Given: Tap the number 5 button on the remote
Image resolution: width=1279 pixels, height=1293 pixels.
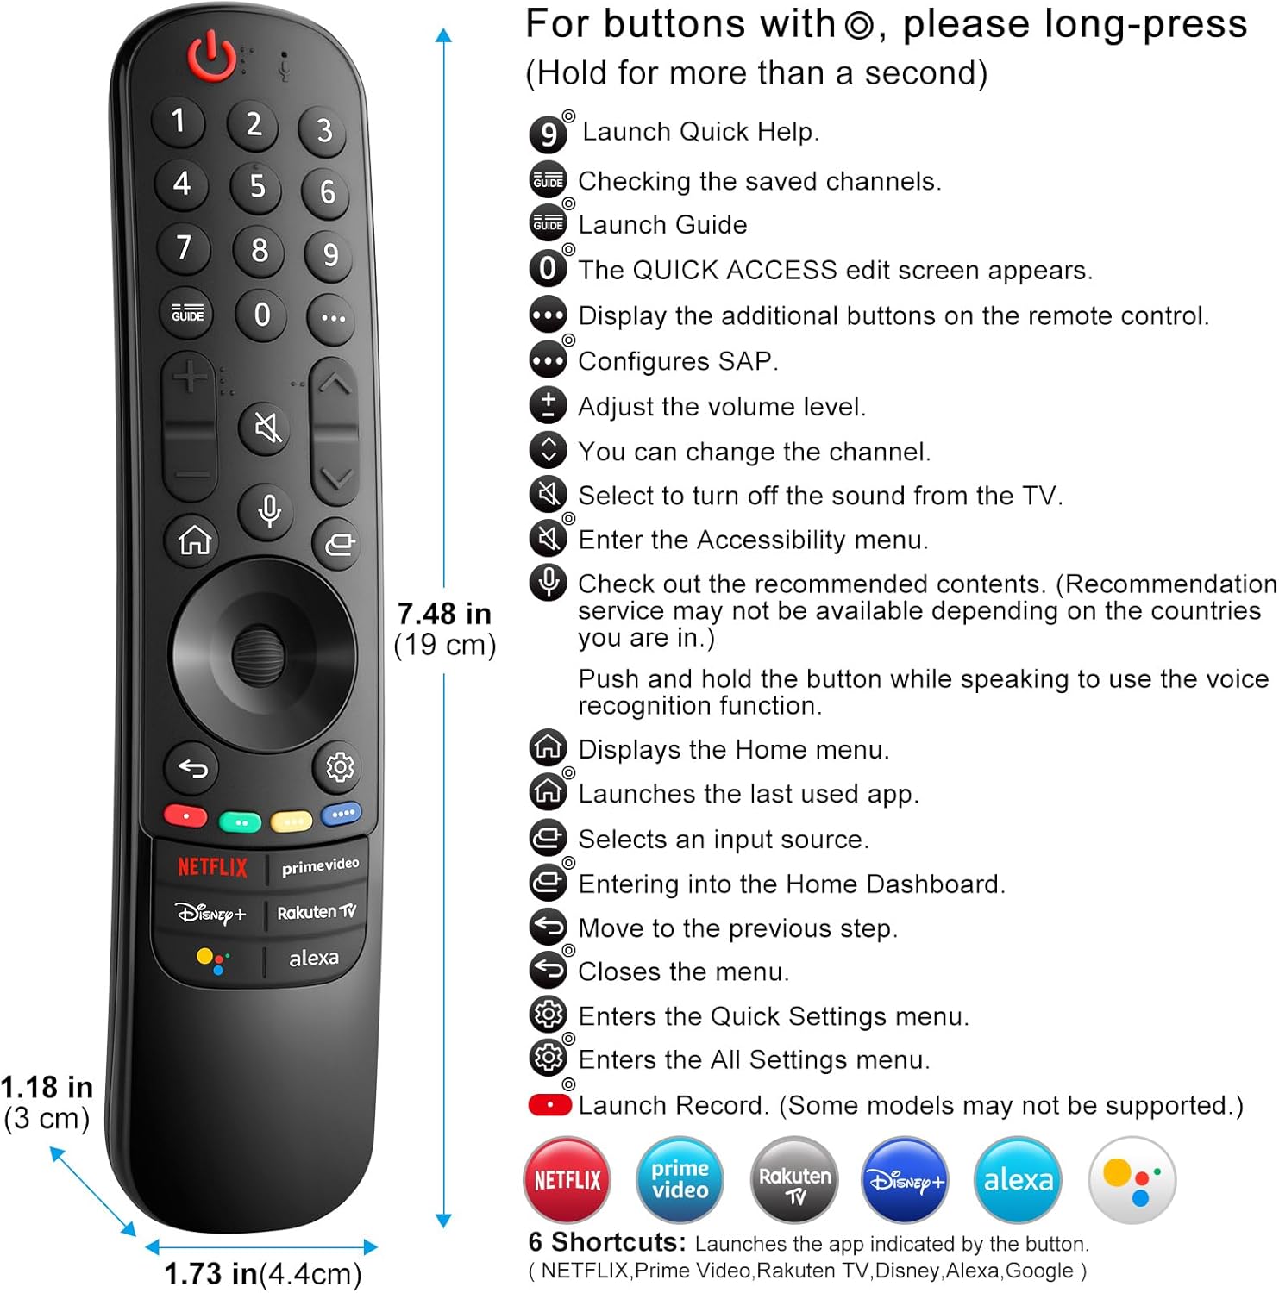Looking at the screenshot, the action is (257, 185).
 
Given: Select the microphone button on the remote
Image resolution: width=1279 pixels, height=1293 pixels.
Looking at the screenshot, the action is (269, 510).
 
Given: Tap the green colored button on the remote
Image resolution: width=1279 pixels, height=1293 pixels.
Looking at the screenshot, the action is (241, 822).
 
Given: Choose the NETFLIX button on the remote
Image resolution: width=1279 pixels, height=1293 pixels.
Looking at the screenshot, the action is (211, 866).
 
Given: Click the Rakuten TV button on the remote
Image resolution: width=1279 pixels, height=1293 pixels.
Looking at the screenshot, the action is (317, 912).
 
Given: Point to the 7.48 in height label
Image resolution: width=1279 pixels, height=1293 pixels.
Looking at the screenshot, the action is (444, 614).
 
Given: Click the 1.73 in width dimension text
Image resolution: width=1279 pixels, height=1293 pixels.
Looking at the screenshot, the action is (211, 1273).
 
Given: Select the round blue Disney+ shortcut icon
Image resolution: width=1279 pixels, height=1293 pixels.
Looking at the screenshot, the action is (905, 1179).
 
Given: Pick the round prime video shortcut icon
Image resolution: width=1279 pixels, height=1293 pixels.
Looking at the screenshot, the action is (680, 1179).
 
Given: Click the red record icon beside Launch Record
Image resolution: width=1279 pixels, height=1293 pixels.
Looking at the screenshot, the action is (550, 1105).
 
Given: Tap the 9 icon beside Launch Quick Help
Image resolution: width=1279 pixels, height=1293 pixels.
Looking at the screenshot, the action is (549, 134).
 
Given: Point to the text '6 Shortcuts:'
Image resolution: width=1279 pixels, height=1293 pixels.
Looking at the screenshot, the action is (607, 1242).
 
